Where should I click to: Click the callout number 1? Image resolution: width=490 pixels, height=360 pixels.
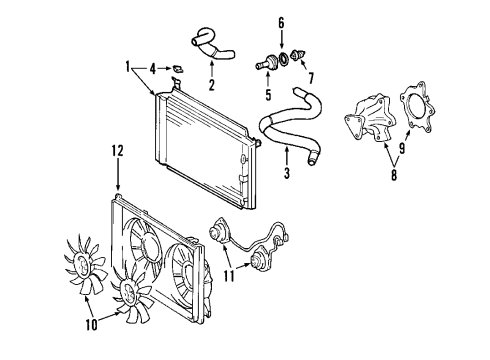(x=127, y=67)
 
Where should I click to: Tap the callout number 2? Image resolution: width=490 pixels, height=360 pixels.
(x=211, y=85)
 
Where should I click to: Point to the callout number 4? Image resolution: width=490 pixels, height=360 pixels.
(x=152, y=68)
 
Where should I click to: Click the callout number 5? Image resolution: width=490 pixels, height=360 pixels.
(x=268, y=96)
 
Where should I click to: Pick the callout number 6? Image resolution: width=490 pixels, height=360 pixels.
(x=281, y=22)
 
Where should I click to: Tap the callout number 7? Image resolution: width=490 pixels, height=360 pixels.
(x=307, y=77)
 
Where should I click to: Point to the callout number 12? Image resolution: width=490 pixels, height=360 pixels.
(x=117, y=151)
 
